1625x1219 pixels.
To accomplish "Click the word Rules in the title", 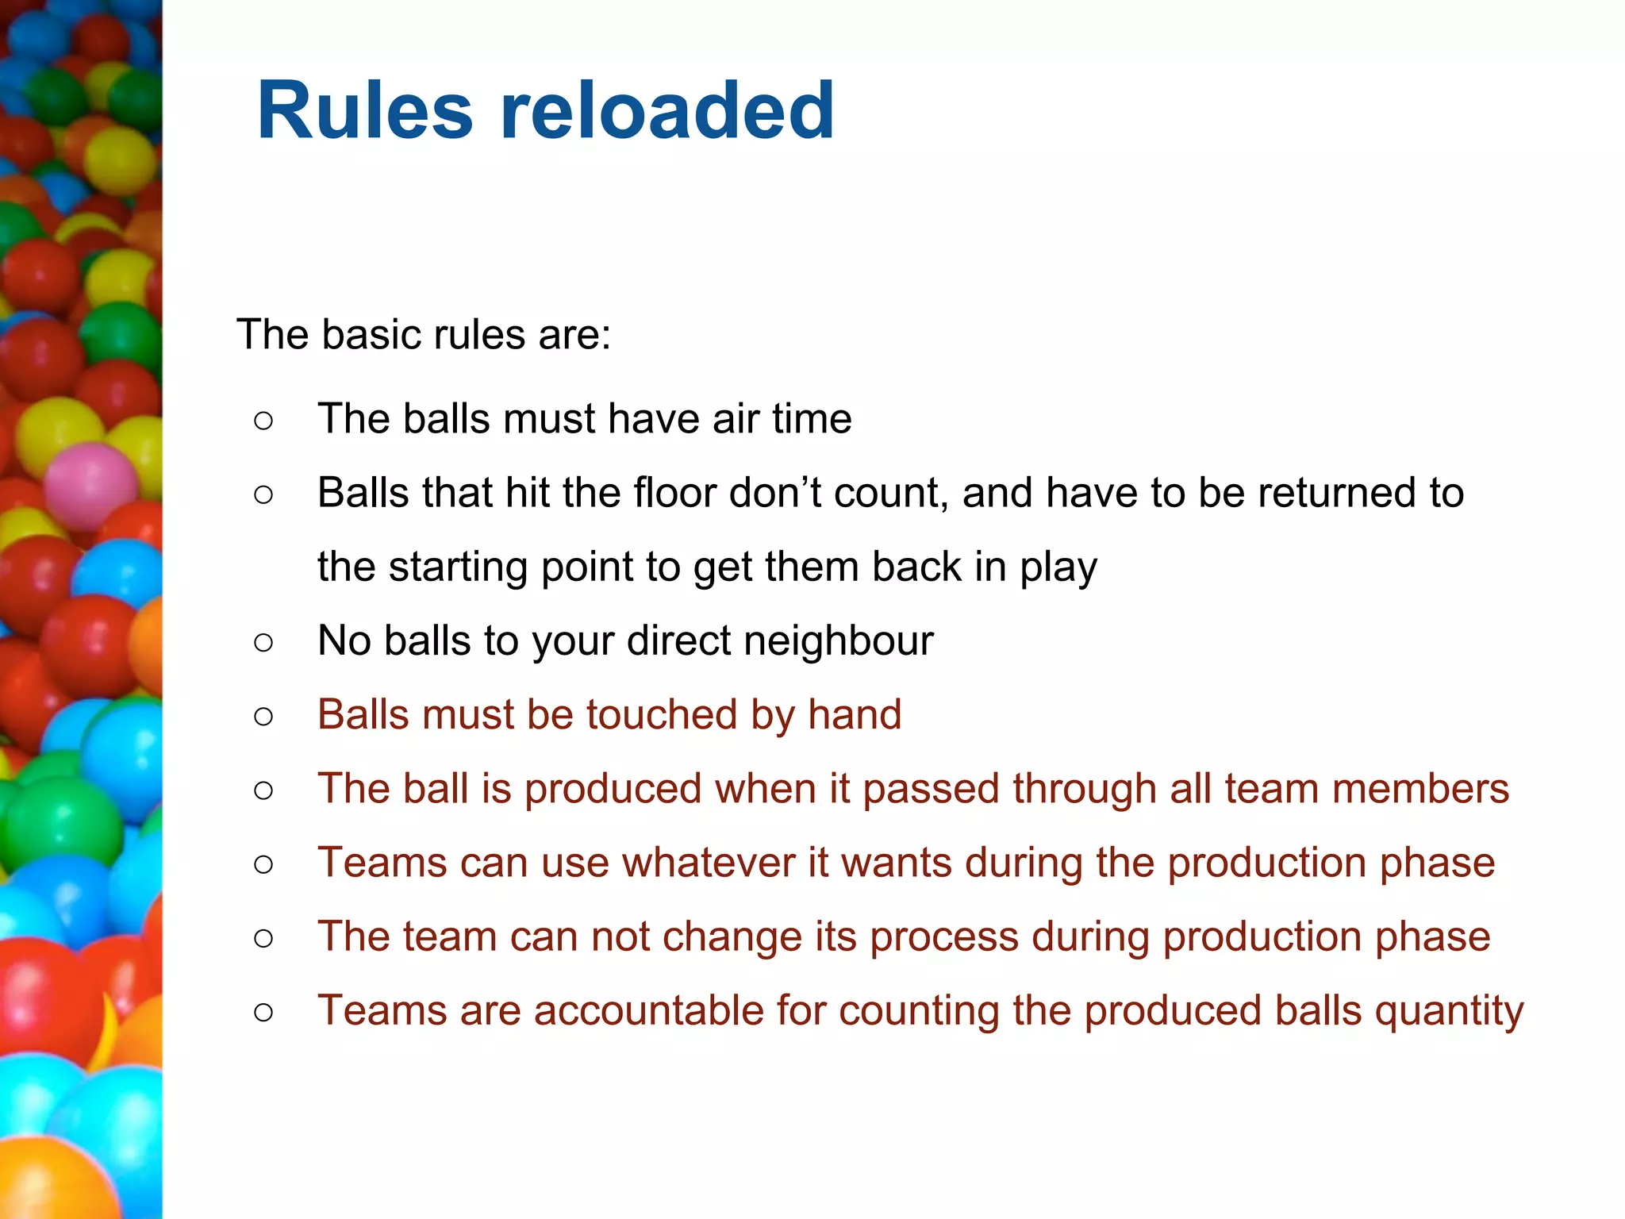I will pos(365,111).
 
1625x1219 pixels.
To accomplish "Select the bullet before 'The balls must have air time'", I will pos(263,421).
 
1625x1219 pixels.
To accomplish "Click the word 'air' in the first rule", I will pos(735,418).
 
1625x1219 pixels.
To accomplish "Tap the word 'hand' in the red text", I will pos(855,714).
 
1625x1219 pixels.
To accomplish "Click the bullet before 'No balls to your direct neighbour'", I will pos(263,642).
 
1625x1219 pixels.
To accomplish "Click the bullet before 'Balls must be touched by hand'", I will pos(263,717).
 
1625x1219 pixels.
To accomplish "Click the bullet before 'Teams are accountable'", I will pos(263,1013).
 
